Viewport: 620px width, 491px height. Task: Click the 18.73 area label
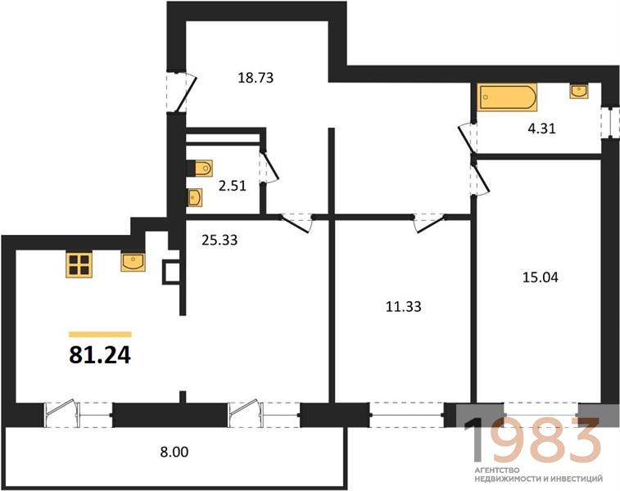tap(256, 78)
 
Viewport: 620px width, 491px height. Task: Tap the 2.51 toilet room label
tap(233, 186)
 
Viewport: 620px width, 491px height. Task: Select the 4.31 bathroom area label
tap(541, 128)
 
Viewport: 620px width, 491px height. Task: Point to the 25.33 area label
tap(219, 240)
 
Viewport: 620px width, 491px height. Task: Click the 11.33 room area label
tap(403, 307)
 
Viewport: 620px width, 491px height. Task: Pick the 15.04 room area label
tap(541, 277)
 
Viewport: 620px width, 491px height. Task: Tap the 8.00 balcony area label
tap(174, 452)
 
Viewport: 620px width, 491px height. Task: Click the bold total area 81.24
tap(100, 354)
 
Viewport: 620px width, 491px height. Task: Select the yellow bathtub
tap(507, 97)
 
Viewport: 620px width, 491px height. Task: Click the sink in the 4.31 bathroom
tap(579, 91)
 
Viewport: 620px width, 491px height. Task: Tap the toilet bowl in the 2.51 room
tap(200, 169)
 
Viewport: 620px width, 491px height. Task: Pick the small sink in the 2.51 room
tap(194, 197)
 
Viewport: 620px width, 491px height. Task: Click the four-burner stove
tap(79, 264)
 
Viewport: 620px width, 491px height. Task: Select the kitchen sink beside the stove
tap(133, 263)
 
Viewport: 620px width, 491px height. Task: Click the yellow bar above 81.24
tap(100, 335)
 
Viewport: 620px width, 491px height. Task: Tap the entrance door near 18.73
tap(181, 92)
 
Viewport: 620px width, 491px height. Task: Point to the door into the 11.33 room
tap(429, 223)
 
